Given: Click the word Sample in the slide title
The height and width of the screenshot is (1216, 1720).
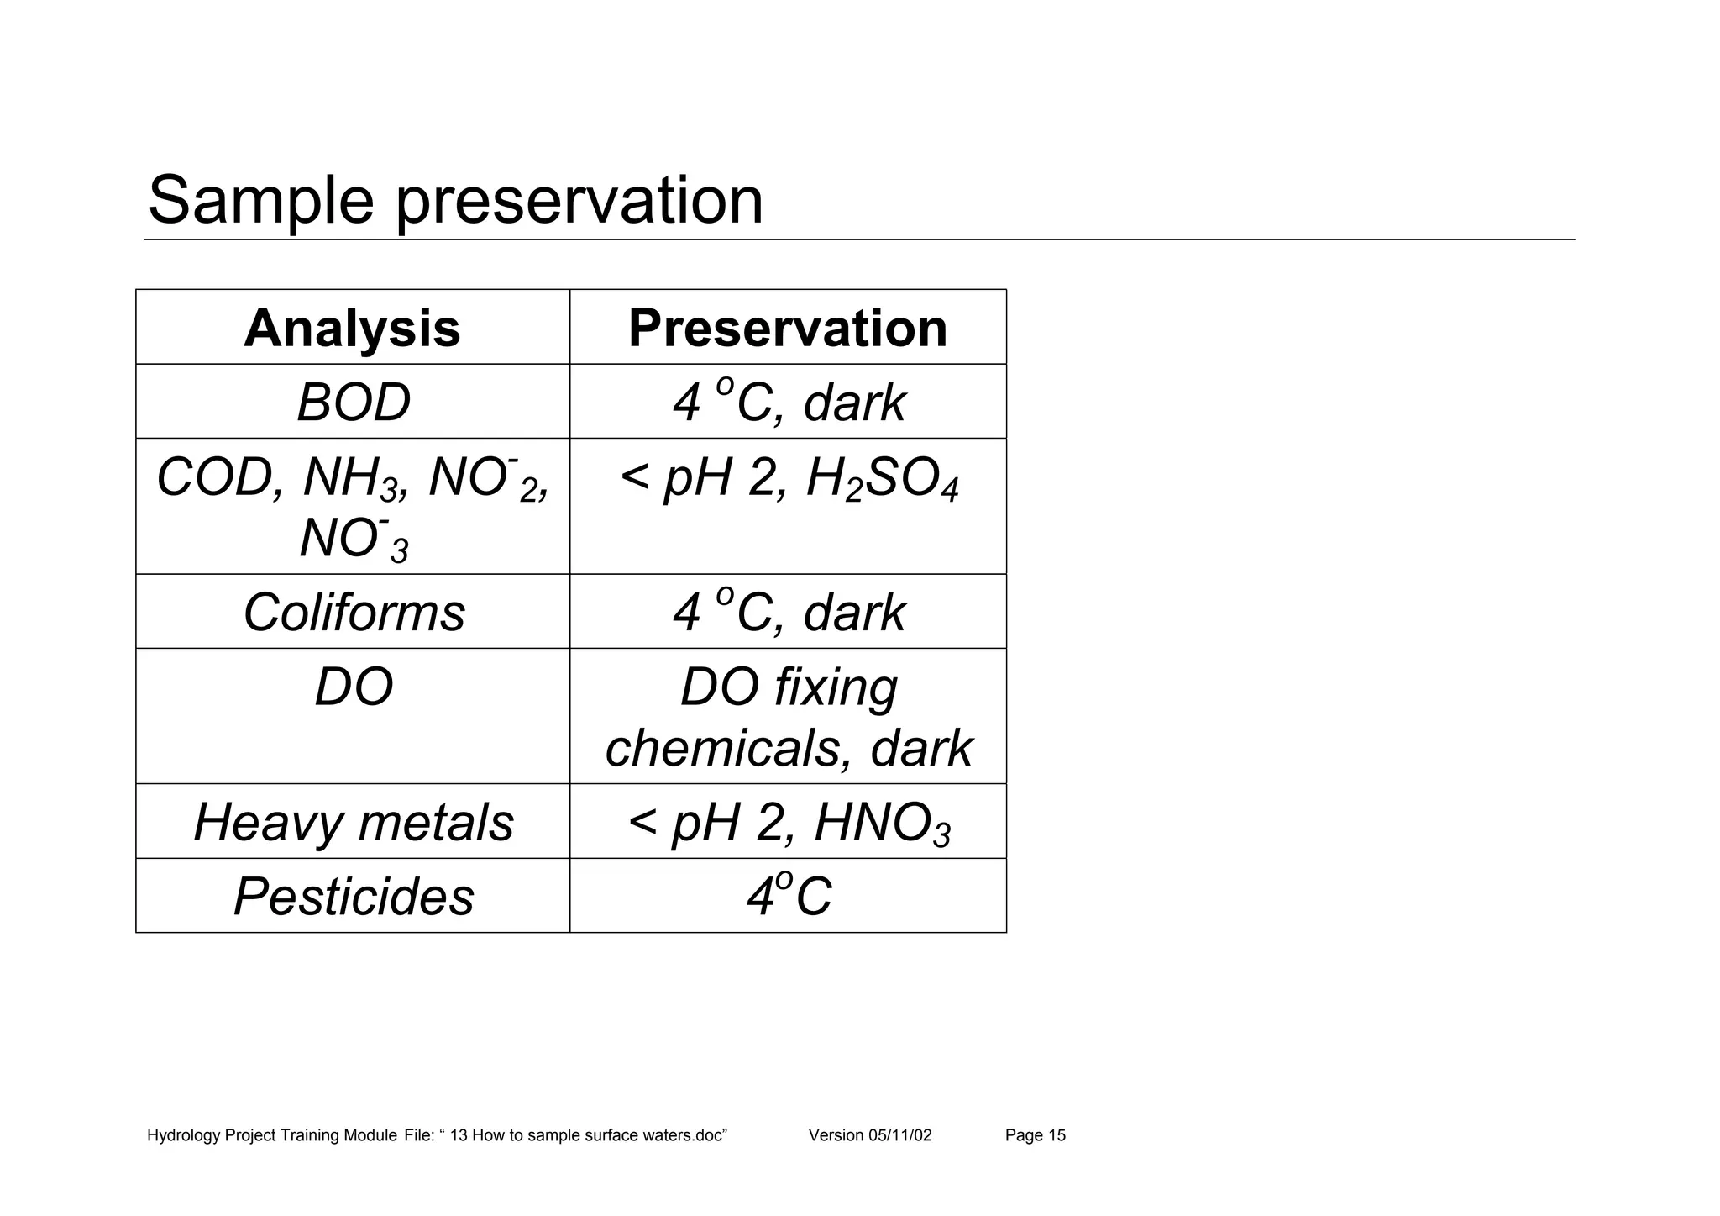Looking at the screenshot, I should [260, 202].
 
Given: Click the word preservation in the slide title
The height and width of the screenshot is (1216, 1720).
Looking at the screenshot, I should [579, 202].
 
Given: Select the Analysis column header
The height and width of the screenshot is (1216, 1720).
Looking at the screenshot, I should [352, 328].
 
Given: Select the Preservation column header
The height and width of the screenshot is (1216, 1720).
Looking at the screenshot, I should [788, 328].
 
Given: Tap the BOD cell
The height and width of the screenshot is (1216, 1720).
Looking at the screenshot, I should [354, 403].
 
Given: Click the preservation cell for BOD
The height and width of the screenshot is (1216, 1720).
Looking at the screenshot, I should [788, 403].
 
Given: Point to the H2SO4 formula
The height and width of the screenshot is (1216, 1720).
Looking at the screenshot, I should [882, 482].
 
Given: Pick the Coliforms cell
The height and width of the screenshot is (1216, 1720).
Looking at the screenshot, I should [354, 612].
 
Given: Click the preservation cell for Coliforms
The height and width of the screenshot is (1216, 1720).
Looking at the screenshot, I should [788, 612].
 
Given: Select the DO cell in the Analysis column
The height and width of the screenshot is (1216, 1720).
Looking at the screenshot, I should [354, 687].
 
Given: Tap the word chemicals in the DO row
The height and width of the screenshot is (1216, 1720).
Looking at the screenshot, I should [722, 748].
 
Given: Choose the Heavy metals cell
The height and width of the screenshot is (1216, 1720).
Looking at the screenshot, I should [354, 822].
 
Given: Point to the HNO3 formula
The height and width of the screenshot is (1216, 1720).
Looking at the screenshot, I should [882, 824].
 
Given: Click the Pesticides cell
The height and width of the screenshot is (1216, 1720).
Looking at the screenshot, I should [354, 897].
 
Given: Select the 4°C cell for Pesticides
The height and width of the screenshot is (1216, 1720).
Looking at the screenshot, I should [788, 897].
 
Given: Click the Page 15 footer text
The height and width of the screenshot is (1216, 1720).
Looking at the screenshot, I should [1035, 1136].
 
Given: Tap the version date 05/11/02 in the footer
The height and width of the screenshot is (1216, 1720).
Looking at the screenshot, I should [899, 1136].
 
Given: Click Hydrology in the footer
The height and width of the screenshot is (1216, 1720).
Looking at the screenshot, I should [184, 1136].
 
